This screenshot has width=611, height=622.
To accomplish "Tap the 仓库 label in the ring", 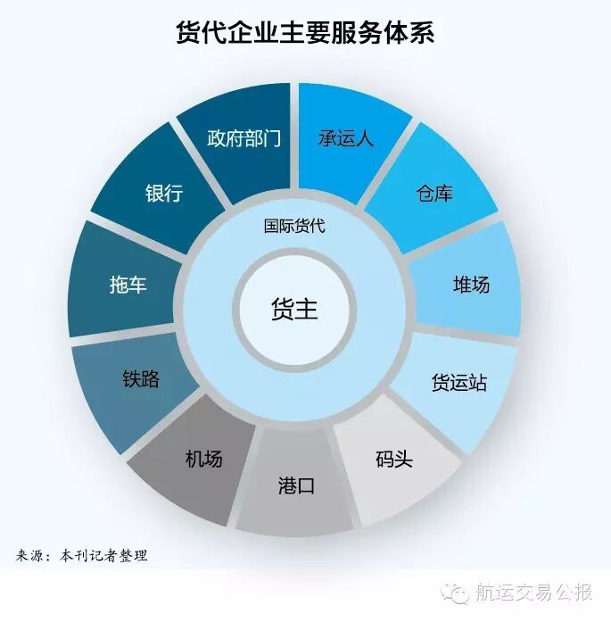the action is coord(434,193).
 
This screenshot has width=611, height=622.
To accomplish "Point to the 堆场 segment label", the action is coord(471,285).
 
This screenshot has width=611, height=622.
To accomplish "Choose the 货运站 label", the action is coord(458,383).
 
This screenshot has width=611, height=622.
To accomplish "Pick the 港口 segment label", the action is coord(294,487).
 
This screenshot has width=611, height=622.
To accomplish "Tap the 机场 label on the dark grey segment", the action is coord(203,460).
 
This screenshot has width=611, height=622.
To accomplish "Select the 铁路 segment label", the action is coord(141,378).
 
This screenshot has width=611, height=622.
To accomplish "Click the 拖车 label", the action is coord(125,286).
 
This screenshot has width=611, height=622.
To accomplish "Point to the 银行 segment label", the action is coord(163,193).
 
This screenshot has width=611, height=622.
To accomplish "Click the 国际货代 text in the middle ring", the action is coord(294,226).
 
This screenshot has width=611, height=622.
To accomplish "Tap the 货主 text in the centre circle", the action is coord(294,310).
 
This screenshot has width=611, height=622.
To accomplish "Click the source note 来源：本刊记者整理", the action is coord(82,556).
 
